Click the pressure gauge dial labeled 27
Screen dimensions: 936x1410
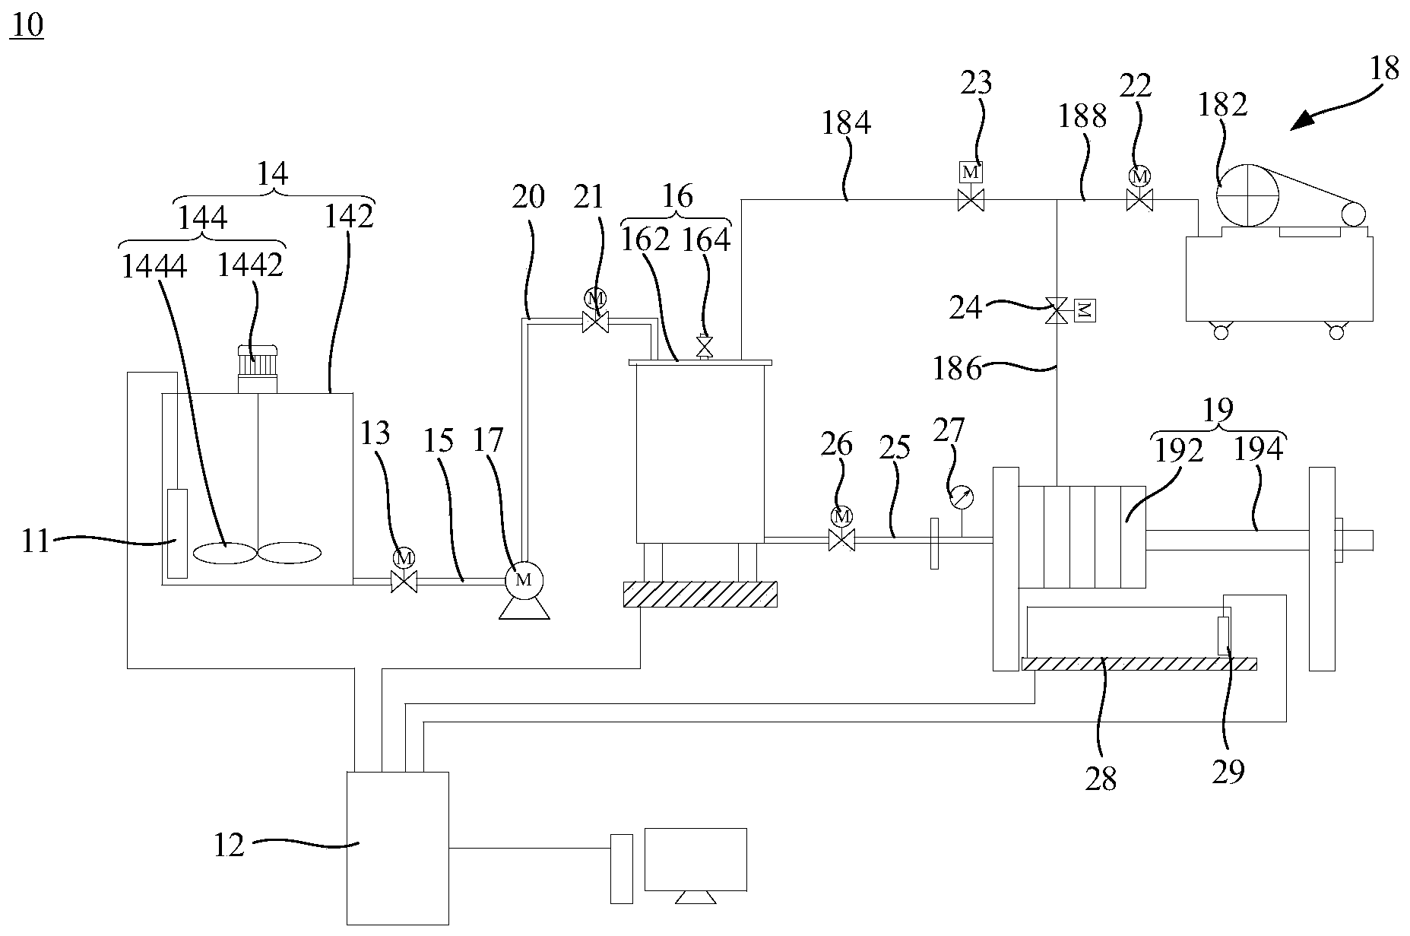[962, 499]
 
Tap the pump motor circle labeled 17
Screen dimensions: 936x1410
[522, 579]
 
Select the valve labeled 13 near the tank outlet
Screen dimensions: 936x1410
[403, 582]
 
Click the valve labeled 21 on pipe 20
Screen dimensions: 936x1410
[594, 323]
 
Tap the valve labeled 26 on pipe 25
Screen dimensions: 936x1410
[841, 541]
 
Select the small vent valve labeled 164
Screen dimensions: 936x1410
[705, 347]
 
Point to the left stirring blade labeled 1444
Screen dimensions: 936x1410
[224, 553]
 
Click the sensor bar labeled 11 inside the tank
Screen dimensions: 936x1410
[176, 534]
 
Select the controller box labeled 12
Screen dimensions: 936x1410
[398, 848]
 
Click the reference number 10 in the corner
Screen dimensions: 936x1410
[26, 26]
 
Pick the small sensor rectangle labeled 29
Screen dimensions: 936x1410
[1224, 636]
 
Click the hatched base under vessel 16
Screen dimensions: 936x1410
[699, 594]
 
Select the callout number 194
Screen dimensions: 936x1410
[1259, 449]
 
